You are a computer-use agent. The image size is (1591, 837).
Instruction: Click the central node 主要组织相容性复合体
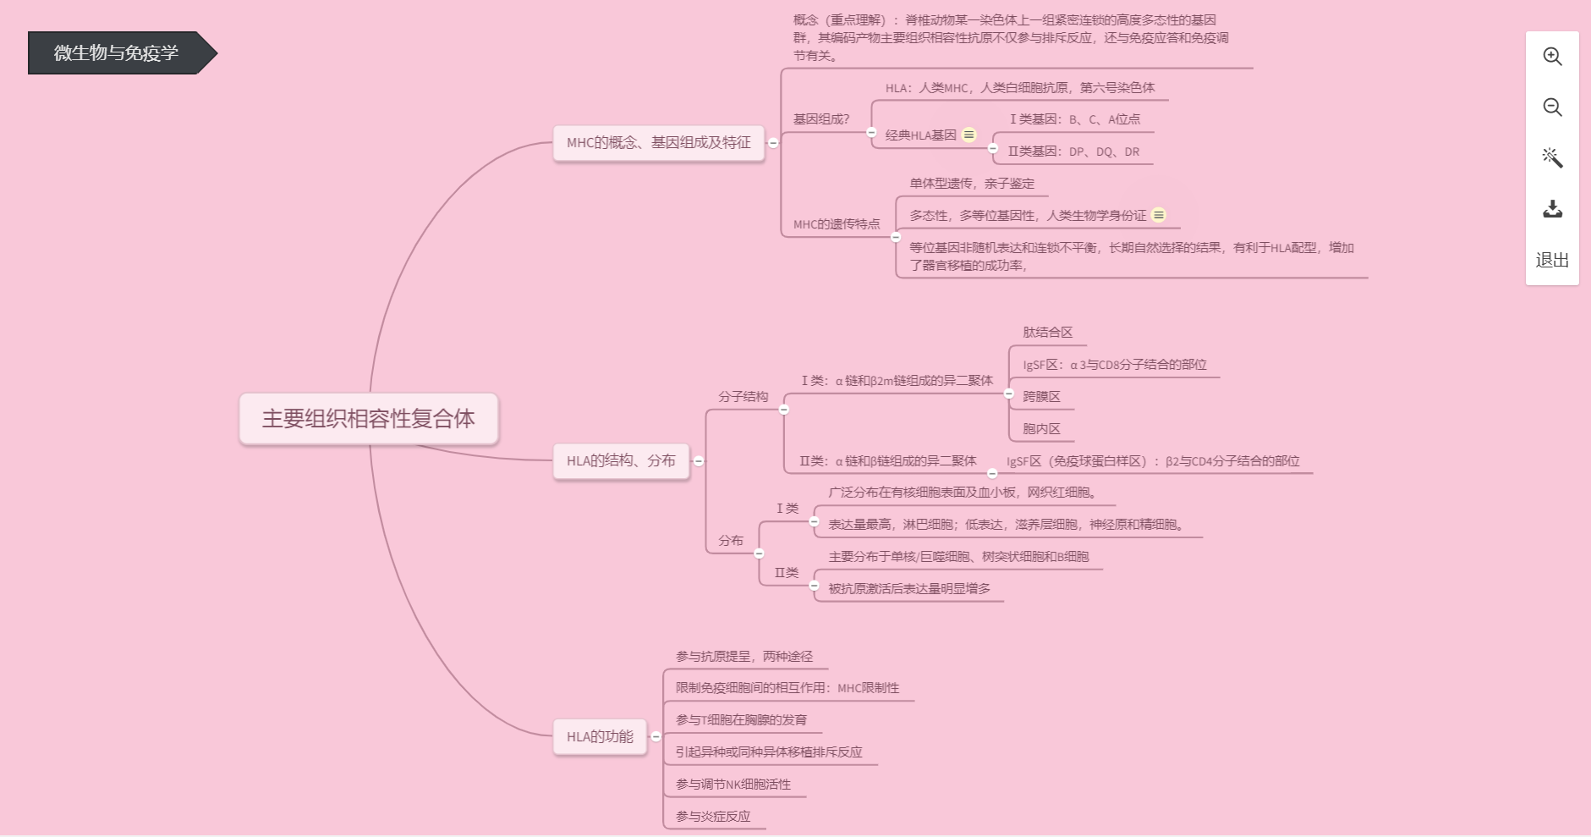(369, 419)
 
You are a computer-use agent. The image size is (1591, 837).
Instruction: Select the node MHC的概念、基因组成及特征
(658, 142)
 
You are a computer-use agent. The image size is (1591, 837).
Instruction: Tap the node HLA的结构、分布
(621, 460)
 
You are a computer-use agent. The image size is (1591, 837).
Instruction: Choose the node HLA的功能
(600, 736)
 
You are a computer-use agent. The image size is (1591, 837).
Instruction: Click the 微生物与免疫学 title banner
(117, 52)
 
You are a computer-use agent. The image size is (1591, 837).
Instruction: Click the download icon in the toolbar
(1552, 209)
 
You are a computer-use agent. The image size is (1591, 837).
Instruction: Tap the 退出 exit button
(1552, 260)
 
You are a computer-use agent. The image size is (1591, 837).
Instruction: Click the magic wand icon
(1552, 158)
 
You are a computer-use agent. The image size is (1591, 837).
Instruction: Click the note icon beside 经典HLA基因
(969, 135)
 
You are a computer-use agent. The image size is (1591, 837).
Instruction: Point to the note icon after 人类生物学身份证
(1159, 215)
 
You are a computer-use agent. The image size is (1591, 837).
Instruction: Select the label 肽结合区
(1047, 333)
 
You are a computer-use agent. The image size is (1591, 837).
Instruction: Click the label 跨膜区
(1041, 396)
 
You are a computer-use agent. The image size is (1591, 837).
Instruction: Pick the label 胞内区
(1041, 428)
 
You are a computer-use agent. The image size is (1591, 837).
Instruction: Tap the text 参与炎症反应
(713, 816)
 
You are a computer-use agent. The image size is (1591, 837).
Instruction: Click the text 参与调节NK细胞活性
(732, 784)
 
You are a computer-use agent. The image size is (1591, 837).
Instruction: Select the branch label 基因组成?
(821, 119)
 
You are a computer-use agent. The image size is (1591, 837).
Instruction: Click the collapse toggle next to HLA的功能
(656, 736)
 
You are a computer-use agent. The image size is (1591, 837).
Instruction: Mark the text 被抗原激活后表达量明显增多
(909, 588)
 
